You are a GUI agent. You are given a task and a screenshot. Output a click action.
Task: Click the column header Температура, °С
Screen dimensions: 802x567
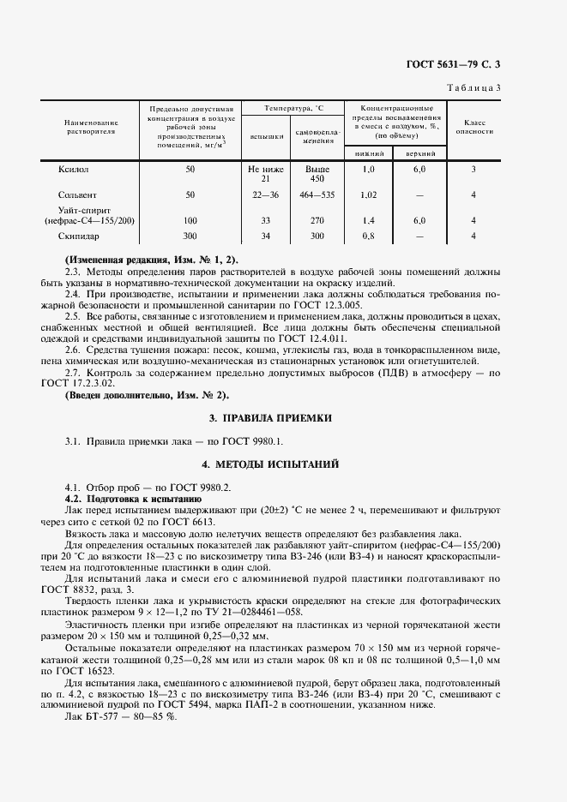[293, 110]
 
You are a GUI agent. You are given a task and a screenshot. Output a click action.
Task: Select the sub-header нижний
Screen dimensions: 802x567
[369, 153]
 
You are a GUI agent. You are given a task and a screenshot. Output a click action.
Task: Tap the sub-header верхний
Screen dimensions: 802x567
[419, 153]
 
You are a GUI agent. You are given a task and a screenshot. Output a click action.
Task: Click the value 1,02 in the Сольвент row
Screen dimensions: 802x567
[369, 195]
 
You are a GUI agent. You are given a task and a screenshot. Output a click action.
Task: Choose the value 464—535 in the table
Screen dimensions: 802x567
[317, 195]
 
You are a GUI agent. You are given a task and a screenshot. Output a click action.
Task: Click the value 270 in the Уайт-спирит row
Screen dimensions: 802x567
[317, 220]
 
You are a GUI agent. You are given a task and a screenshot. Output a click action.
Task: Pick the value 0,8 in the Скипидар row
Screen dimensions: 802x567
[369, 235]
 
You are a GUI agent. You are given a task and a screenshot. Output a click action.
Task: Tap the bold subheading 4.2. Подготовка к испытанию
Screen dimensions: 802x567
[133, 498]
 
